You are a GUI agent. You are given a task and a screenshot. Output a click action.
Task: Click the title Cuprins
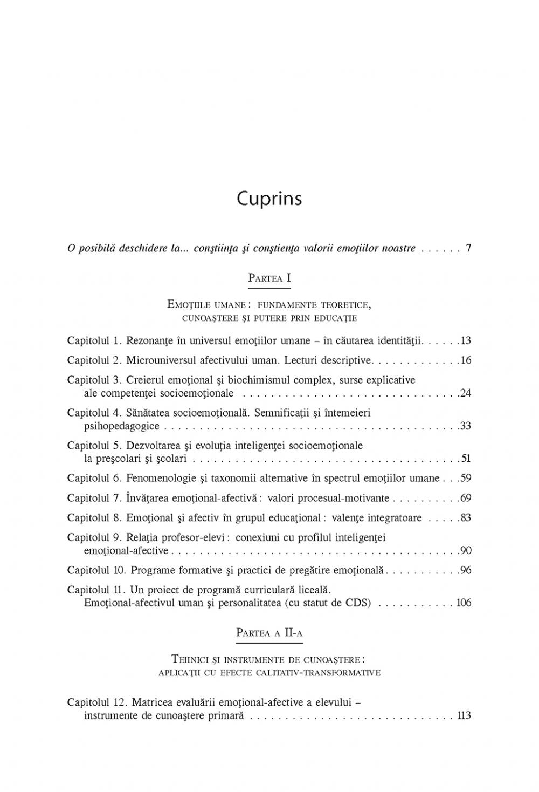(x=269, y=199)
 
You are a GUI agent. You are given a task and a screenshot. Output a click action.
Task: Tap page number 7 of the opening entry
(x=468, y=249)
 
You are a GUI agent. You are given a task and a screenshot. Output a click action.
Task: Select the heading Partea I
(x=269, y=278)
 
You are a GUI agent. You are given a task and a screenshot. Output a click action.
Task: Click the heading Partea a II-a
(x=269, y=633)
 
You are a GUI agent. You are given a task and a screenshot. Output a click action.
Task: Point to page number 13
(x=466, y=341)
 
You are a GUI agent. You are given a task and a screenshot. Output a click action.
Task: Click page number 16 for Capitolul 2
(x=466, y=360)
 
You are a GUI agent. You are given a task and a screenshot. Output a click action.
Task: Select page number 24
(x=466, y=393)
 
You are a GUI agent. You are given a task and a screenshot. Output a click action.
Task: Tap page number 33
(x=466, y=426)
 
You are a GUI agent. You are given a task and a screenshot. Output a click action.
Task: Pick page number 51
(x=466, y=459)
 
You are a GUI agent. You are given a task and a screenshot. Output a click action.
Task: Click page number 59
(x=466, y=478)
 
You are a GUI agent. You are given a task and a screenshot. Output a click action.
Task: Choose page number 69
(x=466, y=498)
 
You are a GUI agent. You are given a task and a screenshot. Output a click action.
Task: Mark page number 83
(x=466, y=518)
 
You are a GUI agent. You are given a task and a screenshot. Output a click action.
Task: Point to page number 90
(x=466, y=551)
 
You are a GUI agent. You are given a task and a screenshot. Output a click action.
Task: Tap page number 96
(x=466, y=570)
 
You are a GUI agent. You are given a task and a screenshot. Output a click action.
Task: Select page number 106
(x=464, y=603)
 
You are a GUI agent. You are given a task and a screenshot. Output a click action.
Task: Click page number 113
(x=464, y=716)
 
